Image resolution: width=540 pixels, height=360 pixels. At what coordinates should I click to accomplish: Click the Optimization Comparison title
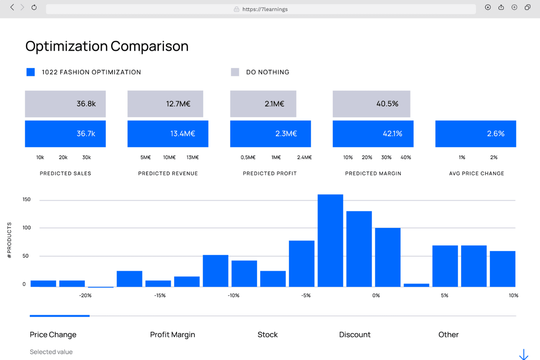[x=107, y=46]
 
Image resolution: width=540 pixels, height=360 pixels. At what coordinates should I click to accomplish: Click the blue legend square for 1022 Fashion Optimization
[x=31, y=72]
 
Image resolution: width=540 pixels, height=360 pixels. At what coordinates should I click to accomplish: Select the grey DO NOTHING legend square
[x=235, y=72]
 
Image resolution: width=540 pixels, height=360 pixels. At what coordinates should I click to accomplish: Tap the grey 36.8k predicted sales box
[x=65, y=104]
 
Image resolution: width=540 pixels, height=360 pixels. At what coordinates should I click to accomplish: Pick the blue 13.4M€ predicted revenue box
[x=168, y=134]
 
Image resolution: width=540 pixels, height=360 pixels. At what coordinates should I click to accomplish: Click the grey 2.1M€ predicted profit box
[x=263, y=104]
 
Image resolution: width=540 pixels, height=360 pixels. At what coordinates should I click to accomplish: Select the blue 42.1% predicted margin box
[x=373, y=134]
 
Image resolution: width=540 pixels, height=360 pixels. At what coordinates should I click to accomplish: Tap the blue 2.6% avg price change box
[x=475, y=134]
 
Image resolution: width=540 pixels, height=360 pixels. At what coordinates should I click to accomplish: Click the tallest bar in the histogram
[x=330, y=241]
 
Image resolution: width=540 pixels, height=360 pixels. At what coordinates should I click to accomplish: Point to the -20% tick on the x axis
[x=85, y=295]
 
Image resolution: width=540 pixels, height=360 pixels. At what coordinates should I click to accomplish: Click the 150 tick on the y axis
[x=27, y=200]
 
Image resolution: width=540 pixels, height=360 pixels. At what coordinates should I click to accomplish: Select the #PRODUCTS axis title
[x=9, y=240]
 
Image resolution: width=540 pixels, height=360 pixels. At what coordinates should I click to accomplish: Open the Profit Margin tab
[x=173, y=334]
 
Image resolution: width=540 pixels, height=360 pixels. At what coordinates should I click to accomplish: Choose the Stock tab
[x=267, y=334]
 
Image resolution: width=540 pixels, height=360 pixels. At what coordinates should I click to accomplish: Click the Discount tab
[x=355, y=334]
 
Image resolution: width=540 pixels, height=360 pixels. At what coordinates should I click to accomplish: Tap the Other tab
[x=448, y=334]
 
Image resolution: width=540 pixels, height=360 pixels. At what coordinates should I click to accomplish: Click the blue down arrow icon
[x=524, y=354]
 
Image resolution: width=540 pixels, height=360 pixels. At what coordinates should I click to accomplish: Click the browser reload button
[x=34, y=7]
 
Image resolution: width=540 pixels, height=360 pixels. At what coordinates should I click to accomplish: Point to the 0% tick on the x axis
[x=376, y=295]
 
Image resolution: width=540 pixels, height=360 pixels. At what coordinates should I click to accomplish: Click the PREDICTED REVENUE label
[x=168, y=174]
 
